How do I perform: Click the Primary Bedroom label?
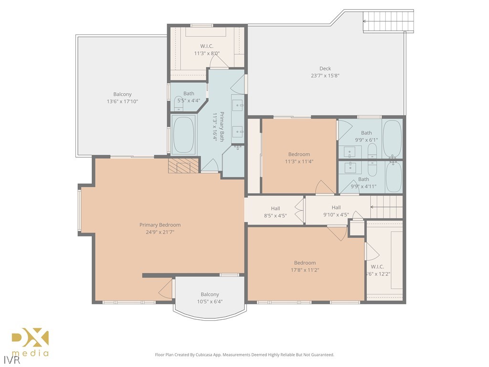click(160, 225)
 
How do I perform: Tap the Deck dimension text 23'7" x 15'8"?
click(325, 76)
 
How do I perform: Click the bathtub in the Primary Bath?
click(184, 134)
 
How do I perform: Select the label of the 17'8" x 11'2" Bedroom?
click(305, 263)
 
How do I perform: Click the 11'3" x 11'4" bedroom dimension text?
click(299, 162)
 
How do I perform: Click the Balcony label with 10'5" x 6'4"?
click(210, 294)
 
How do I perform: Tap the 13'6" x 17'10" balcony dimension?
click(122, 101)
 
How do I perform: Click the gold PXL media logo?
click(30, 342)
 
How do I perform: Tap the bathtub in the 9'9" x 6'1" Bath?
click(393, 139)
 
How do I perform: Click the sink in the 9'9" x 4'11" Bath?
click(350, 167)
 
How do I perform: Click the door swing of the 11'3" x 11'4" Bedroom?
click(325, 187)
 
